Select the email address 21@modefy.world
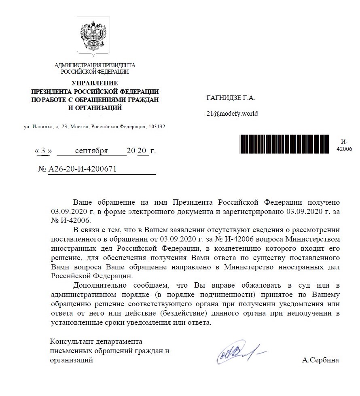pos(232,114)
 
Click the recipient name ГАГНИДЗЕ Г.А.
pos(231,97)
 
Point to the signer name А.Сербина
pos(320,360)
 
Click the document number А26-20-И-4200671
pos(82,169)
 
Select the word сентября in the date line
pos(91,151)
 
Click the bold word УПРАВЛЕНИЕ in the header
pos(95,83)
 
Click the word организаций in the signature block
pos(71,360)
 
